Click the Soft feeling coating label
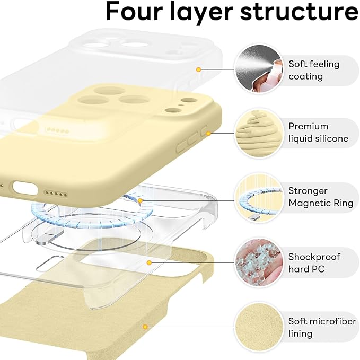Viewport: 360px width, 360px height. [313, 70]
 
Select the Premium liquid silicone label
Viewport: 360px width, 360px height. [318, 133]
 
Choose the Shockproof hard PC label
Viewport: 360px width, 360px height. [314, 263]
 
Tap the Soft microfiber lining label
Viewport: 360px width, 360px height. [321, 328]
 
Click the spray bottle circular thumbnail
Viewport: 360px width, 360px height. [257, 69]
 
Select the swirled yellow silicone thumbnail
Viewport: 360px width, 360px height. [257, 133]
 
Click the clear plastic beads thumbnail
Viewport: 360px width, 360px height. [257, 262]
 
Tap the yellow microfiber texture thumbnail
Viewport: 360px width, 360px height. [257, 327]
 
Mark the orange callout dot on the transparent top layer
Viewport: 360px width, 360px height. [198, 69]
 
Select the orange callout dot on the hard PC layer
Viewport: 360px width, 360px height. [150, 262]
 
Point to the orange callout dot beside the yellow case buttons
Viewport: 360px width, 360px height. [208, 132]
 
